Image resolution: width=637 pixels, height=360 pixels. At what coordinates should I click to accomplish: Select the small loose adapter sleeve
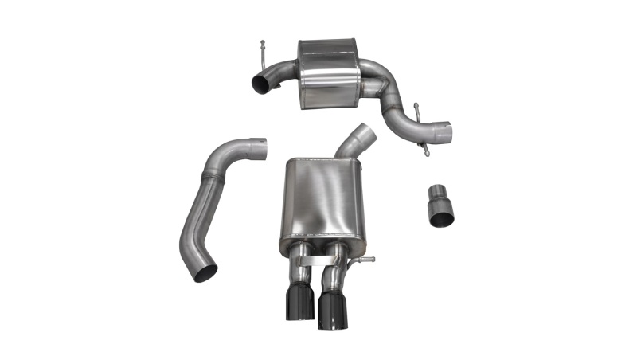tap(440, 205)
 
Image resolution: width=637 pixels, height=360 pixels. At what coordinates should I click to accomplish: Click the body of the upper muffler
tap(327, 71)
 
